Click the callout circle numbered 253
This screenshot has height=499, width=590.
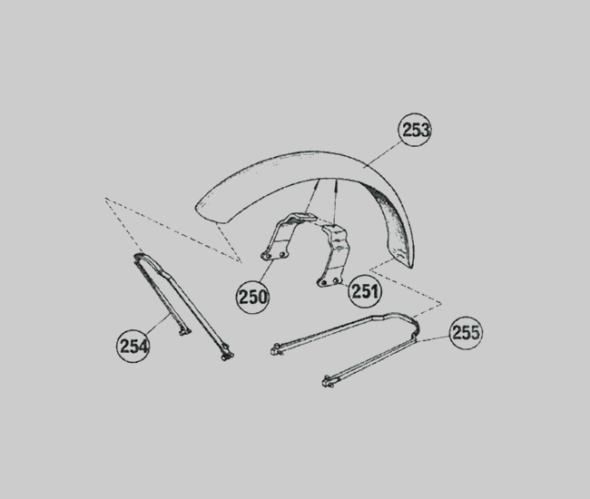pos(415,130)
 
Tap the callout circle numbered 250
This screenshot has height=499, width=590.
pos(252,297)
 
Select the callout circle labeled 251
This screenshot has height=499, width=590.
pos(365,291)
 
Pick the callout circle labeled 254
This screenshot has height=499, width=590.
pos(133,346)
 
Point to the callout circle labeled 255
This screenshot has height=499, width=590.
pos(466,333)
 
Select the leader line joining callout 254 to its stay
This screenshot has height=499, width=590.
pos(158,324)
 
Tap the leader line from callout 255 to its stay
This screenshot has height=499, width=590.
pos(433,338)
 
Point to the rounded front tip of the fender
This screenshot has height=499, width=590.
pos(201,210)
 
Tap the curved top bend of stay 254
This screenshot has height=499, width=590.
pos(142,256)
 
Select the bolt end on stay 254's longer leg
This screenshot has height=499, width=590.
pos(228,356)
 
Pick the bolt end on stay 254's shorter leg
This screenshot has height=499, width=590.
pos(185,332)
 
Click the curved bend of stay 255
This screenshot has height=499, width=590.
pos(416,327)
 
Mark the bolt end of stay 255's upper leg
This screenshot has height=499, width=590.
pos(276,349)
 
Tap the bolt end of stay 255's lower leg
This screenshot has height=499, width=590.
pos(328,381)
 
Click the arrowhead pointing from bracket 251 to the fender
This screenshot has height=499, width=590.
pos(336,183)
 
